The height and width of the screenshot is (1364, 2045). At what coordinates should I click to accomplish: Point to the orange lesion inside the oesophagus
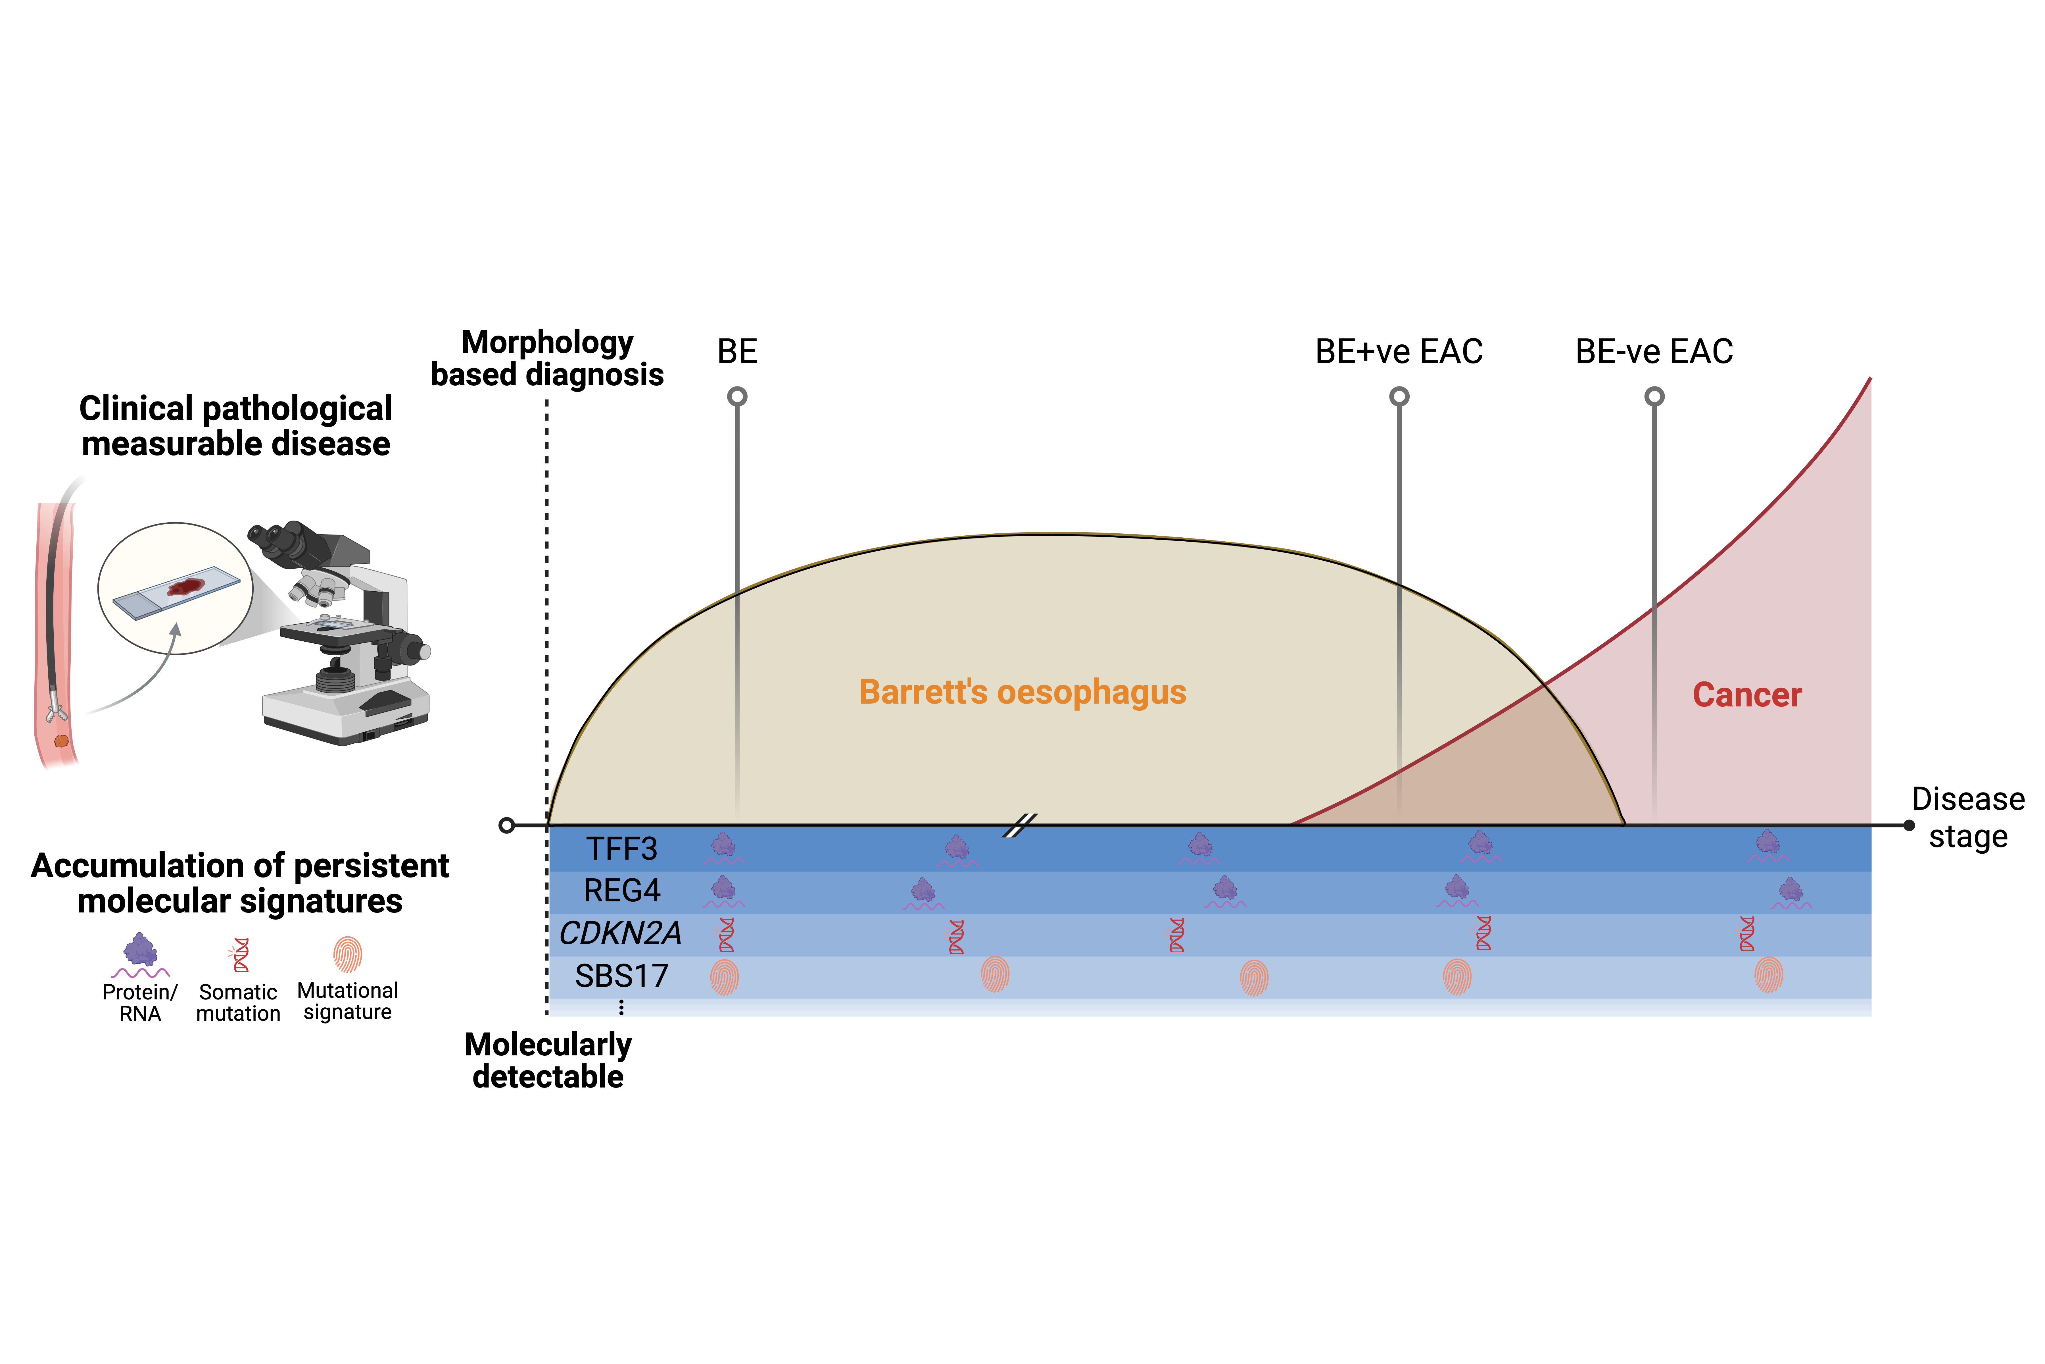click(x=61, y=741)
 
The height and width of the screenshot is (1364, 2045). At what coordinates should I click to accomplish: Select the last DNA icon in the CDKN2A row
click(x=1746, y=933)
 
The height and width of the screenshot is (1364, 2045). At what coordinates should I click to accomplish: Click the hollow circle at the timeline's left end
click(x=506, y=825)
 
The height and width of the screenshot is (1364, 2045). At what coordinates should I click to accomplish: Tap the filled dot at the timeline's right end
click(x=1909, y=825)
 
